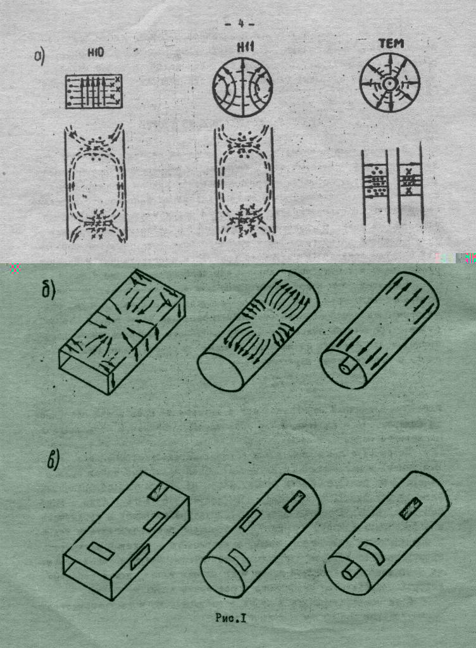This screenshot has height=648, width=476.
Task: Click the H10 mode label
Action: [96, 53]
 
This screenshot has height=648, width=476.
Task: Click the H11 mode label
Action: [245, 47]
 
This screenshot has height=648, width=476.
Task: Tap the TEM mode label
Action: [391, 44]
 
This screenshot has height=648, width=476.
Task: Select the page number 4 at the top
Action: [240, 24]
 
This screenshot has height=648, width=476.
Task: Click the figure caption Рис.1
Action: [231, 618]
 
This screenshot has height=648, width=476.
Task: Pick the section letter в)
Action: [53, 460]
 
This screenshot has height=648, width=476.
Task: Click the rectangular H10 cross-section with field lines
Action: [94, 91]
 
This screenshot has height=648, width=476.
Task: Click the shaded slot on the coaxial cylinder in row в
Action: [410, 508]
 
